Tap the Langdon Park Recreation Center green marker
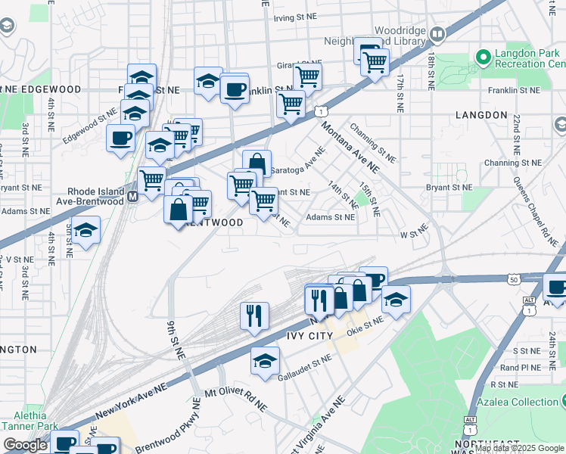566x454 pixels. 483,57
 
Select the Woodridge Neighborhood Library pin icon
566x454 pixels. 439,33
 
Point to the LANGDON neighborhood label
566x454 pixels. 482,115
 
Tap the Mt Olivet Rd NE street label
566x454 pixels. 236,400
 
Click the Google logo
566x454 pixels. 25,445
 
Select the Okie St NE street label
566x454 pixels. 365,325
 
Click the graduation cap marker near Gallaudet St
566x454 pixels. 266,361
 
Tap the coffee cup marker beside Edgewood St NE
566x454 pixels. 120,139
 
